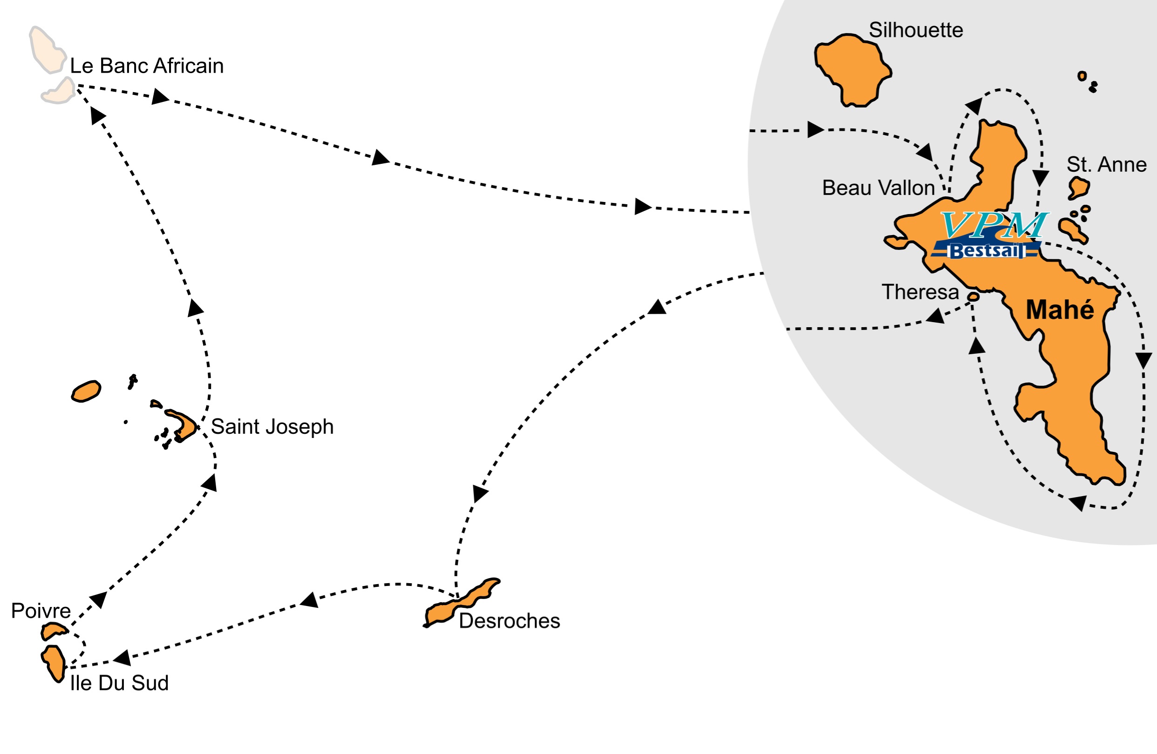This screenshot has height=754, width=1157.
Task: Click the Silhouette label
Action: pyautogui.click(x=916, y=30)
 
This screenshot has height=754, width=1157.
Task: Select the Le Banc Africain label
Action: pyautogui.click(x=147, y=66)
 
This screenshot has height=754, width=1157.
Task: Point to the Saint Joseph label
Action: pyautogui.click(x=272, y=426)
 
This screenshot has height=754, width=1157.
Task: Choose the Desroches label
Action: pyautogui.click(x=509, y=621)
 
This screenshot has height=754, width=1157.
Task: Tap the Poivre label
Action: pyautogui.click(x=41, y=611)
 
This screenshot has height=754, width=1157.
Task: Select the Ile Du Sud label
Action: pyautogui.click(x=119, y=683)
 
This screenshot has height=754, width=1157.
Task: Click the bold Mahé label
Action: pyautogui.click(x=1060, y=310)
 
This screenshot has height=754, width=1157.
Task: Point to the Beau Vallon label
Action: pyautogui.click(x=878, y=188)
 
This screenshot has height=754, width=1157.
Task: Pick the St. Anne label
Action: pyautogui.click(x=1106, y=165)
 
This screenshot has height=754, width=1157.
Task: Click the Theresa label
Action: pyautogui.click(x=920, y=292)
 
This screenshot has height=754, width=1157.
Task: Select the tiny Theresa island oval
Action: pyautogui.click(x=973, y=296)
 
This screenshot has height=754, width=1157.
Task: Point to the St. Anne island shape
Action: pyautogui.click(x=1079, y=188)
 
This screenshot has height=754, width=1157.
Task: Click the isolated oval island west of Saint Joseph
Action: pyautogui.click(x=86, y=391)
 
